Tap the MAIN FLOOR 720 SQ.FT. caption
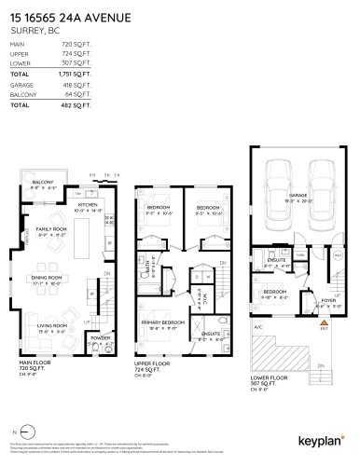point(34,365)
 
